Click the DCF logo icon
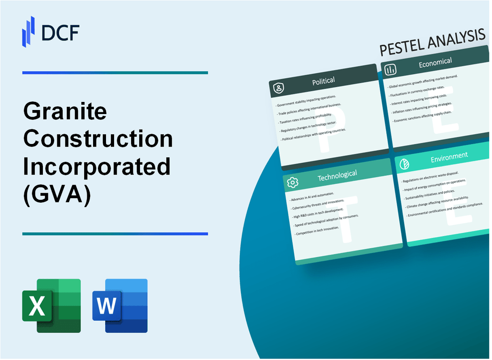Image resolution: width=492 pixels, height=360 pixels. pos(29,31)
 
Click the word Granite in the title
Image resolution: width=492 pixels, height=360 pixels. pos(65,112)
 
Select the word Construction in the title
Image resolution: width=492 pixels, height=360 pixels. pos(98,139)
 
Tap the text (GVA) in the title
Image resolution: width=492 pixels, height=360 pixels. pos(57,195)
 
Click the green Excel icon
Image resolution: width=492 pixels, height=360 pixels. pos(51,306)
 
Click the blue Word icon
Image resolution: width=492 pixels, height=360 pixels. pos(120,306)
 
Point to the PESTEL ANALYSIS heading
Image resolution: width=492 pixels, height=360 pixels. pos(433,42)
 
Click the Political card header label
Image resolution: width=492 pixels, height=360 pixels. pos(324,81)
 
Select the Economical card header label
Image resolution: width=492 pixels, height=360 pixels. pos(435,63)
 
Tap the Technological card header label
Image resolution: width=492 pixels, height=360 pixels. pos(337,176)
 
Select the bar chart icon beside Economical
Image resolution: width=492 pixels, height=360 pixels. pos(390,69)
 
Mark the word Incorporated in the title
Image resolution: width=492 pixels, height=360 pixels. pos(97,167)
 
